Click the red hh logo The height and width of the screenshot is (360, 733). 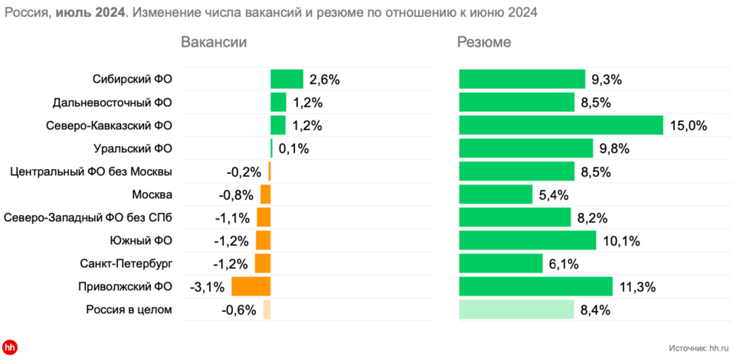[x=10, y=347]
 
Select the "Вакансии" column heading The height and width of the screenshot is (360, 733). [x=214, y=43]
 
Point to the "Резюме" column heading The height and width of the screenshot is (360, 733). [x=484, y=43]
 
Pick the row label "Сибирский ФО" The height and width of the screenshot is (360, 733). [x=132, y=79]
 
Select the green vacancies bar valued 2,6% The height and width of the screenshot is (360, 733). [x=286, y=79]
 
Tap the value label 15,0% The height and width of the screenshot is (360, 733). [x=687, y=126]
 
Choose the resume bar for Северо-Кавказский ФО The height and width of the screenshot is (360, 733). [x=561, y=126]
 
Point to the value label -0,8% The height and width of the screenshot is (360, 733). [x=236, y=195]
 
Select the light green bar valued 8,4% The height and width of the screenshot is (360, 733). [x=516, y=309]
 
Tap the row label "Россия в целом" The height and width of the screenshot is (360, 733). [x=128, y=309]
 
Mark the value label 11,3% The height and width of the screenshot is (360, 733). [x=636, y=286]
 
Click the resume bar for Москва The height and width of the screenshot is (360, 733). [x=496, y=195]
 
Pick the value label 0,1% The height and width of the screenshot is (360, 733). [x=293, y=149]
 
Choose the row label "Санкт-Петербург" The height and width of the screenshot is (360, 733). [x=126, y=263]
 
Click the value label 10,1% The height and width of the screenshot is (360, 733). [x=620, y=241]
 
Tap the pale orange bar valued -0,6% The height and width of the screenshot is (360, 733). [x=267, y=309]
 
